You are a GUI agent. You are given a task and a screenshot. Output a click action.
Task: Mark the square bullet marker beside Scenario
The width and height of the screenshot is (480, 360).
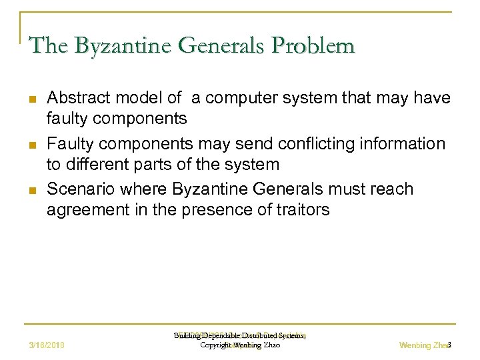(32, 191)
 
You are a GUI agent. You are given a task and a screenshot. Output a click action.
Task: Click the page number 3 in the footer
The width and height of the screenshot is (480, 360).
(450, 345)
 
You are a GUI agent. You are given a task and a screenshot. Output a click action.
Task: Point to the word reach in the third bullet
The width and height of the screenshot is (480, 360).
(395, 189)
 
